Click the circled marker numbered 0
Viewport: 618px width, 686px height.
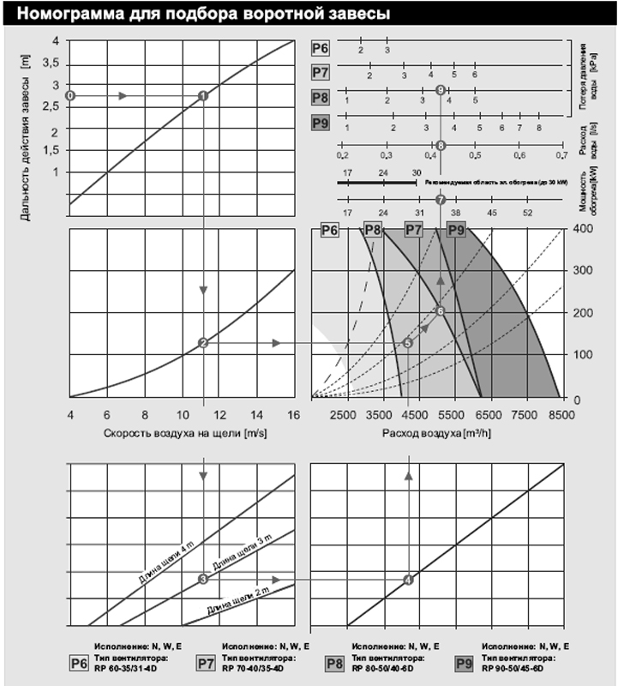pyautogui.click(x=70, y=95)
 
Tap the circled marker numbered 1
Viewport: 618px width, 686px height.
pyautogui.click(x=203, y=95)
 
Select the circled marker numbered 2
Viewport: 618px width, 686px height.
pyautogui.click(x=203, y=343)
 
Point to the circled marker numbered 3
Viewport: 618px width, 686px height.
pyautogui.click(x=203, y=580)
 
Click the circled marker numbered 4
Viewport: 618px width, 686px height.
pyautogui.click(x=408, y=580)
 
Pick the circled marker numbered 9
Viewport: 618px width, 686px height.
pyautogui.click(x=441, y=90)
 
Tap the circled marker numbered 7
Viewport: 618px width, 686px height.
pyautogui.click(x=441, y=200)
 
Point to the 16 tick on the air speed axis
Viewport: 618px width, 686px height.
pyautogui.click(x=293, y=414)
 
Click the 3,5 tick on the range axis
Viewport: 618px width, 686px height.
pyautogui.click(x=51, y=63)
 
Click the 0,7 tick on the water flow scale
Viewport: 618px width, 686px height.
pyautogui.click(x=561, y=155)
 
